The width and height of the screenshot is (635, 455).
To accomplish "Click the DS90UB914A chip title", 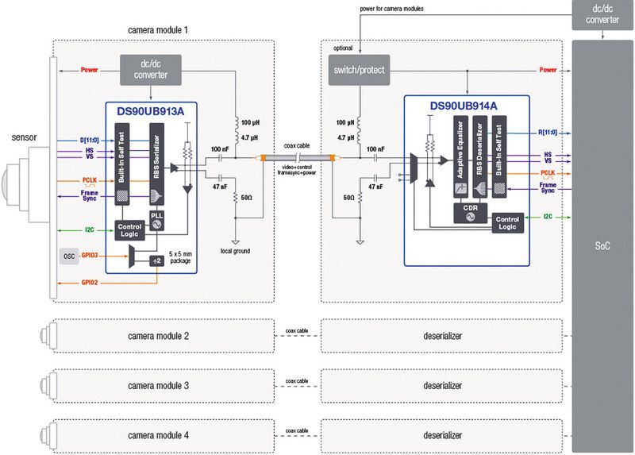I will coord(463,105).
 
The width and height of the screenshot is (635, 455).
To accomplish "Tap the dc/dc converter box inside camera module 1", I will coord(150,69).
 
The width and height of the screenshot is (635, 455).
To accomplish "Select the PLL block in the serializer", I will coord(157,218).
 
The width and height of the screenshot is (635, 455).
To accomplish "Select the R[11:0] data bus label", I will coord(548,133).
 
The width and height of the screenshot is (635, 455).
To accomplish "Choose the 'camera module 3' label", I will coord(158,385).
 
